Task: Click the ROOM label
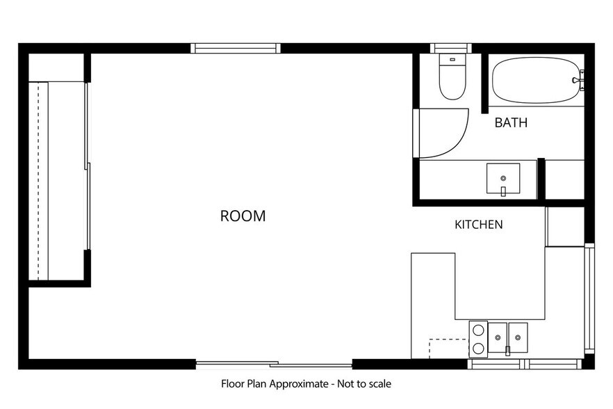pos(243,216)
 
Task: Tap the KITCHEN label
pos(478,224)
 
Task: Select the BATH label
pos(511,122)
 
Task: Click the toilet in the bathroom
pos(452,77)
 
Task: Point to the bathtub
pos(536,80)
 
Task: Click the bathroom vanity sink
pos(503,179)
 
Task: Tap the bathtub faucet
pos(578,80)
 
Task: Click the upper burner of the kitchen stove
pos(478,330)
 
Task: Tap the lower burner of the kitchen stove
pos(478,348)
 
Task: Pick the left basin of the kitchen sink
pos(498,337)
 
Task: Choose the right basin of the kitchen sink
pos(518,337)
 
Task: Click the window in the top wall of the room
pos(236,48)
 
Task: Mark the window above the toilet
pos(451,48)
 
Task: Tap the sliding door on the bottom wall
pos(274,364)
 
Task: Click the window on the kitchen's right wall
pos(589,298)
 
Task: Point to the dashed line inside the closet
pos(38,181)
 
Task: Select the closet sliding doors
pos(88,166)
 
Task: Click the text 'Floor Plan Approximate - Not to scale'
pos(306,384)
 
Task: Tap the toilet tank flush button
pos(452,60)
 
